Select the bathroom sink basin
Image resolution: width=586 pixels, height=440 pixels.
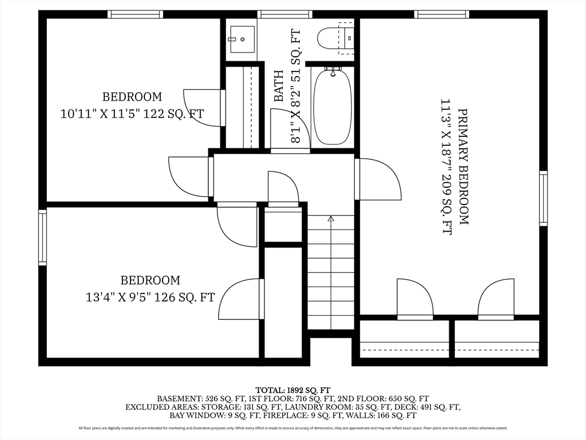(242, 40)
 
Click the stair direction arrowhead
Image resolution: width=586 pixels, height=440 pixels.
(331, 218)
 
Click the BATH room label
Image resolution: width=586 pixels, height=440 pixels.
(279, 86)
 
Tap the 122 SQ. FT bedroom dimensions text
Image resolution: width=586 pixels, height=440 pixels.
(132, 113)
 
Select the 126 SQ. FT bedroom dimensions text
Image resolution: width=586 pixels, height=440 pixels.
(151, 297)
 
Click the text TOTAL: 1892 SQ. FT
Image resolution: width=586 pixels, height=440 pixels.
(293, 390)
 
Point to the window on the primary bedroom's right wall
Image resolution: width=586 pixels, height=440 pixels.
(544, 198)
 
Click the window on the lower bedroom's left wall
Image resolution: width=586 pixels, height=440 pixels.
(42, 237)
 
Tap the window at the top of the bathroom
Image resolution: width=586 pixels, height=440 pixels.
(285, 14)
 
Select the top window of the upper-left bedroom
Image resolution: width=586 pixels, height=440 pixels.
(135, 14)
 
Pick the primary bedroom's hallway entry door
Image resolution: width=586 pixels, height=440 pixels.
(378, 179)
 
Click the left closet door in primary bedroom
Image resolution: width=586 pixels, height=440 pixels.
(415, 299)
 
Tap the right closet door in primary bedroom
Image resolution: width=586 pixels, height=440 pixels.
(496, 299)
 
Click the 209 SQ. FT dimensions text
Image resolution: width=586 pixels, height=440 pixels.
(446, 167)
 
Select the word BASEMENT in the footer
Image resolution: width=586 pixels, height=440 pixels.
(180, 399)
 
